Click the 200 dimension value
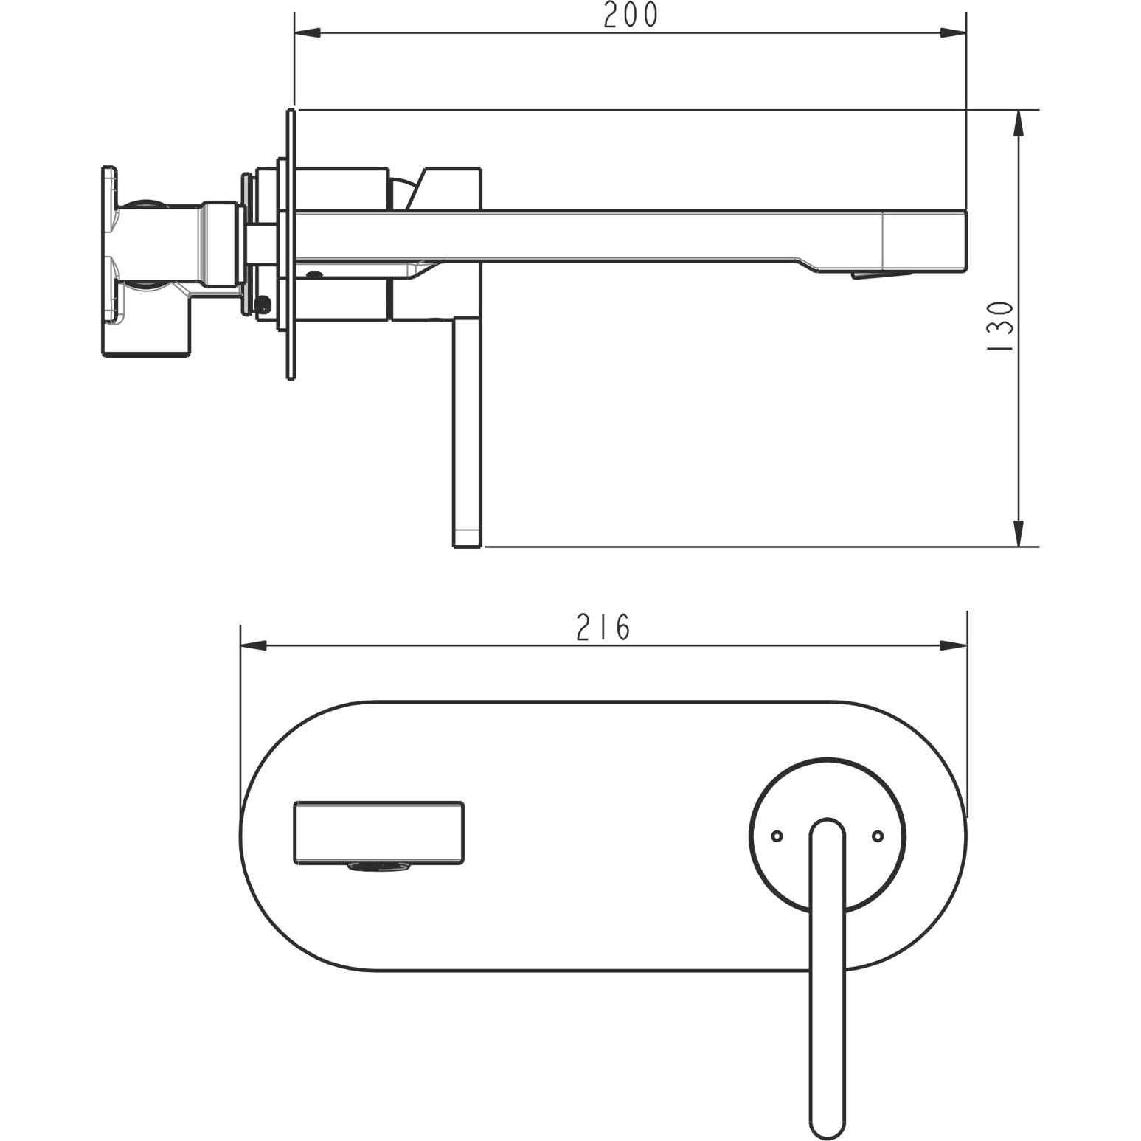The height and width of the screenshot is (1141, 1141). pos(630,15)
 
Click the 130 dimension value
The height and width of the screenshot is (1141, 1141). pos(1001,326)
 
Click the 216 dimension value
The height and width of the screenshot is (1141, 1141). pos(603,628)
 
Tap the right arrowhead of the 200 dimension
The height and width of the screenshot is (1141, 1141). pos(952,33)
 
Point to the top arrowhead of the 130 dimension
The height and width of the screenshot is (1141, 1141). pos(1019,123)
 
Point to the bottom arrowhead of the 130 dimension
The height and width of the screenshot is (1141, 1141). pos(1019,533)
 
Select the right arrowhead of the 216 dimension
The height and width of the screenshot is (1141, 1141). pos(953,645)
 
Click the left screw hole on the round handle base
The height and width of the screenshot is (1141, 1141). pos(776,836)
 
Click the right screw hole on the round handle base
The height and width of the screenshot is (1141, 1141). pos(878,836)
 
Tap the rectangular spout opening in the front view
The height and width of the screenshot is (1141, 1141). pos(379,831)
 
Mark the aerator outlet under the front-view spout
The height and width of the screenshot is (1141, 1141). pos(379,868)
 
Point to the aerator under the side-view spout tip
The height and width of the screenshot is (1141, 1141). pos(882,275)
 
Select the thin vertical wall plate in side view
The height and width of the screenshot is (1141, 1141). pos(291,243)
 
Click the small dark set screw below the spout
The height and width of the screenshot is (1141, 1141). pos(314,274)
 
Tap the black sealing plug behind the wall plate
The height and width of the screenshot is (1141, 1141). pos(262,302)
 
